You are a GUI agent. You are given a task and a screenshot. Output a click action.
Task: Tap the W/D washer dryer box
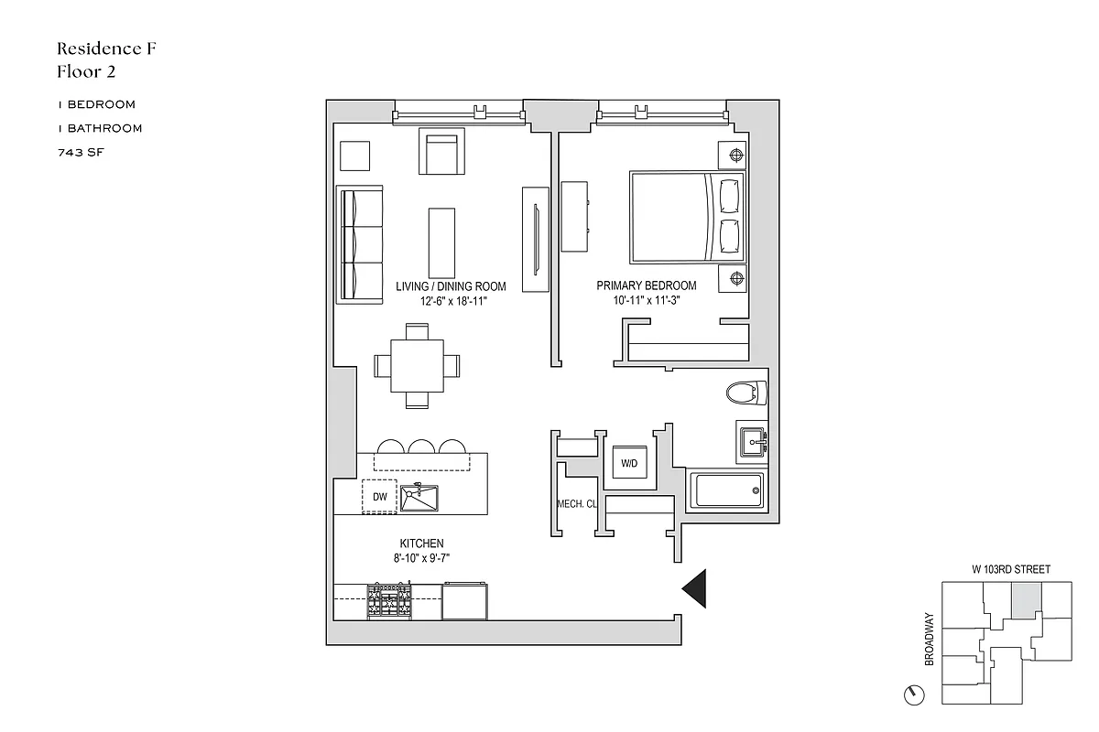click(x=628, y=464)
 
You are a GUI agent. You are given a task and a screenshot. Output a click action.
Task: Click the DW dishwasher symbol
click(x=379, y=497)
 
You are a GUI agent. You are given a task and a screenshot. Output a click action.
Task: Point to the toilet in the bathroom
click(x=745, y=393)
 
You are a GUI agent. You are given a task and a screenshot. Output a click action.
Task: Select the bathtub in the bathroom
click(x=728, y=490)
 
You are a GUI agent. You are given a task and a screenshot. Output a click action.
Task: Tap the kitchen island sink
click(x=419, y=499)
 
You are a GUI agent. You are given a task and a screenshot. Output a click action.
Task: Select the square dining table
click(x=417, y=365)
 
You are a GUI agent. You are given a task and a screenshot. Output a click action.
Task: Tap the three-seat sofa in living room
click(x=360, y=244)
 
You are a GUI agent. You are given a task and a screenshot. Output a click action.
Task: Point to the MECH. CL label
click(x=577, y=504)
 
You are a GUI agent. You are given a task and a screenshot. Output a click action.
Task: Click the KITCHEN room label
click(x=421, y=544)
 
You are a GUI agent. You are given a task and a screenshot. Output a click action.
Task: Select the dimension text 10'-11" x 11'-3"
click(x=646, y=300)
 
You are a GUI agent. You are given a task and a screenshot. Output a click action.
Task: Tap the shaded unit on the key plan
click(x=1025, y=600)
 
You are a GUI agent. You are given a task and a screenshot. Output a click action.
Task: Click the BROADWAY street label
click(x=929, y=639)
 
